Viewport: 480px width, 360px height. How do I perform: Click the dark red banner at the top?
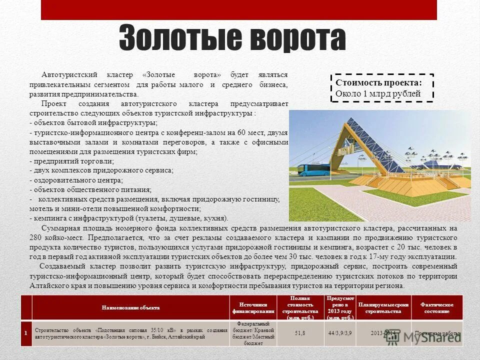(238, 9)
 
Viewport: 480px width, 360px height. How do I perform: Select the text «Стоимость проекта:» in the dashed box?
(378, 82)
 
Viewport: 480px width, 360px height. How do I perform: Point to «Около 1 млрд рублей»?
(378, 93)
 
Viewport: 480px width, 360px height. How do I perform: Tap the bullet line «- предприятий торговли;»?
(72, 161)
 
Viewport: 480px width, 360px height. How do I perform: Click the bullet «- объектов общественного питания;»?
(90, 189)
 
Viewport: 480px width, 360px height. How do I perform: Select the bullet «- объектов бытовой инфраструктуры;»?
(93, 122)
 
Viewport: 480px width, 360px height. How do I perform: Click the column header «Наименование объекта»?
(130, 307)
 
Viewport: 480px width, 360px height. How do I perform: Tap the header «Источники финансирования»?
(253, 307)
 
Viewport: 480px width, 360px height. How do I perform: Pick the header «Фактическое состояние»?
(437, 307)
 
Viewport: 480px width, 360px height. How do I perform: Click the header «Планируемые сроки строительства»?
(383, 307)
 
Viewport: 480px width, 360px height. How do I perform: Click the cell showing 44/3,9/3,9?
(340, 332)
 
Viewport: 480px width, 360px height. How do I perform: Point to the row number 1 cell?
(26, 332)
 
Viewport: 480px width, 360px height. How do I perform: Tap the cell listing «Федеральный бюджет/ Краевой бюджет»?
(253, 332)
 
